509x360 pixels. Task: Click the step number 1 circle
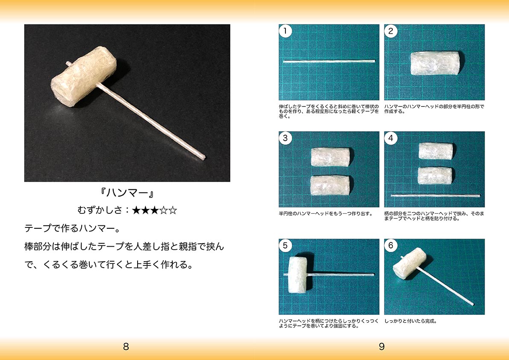point(285,31)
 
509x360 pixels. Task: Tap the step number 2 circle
point(391,31)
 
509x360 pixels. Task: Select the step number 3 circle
point(285,138)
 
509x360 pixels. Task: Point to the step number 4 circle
point(391,138)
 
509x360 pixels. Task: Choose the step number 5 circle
point(285,246)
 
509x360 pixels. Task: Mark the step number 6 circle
point(391,246)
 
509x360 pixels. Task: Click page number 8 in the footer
point(126,347)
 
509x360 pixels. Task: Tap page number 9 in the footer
point(382,347)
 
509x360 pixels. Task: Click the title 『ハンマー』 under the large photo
point(127,194)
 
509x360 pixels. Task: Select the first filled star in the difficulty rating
point(136,210)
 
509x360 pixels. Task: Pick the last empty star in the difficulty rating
point(173,210)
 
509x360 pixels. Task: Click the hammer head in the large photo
point(83,77)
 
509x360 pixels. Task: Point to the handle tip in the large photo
point(203,158)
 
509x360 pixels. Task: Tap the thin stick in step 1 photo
point(329,61)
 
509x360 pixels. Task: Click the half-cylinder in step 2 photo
point(435,63)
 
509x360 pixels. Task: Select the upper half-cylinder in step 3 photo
point(330,157)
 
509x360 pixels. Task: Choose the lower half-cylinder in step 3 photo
point(330,186)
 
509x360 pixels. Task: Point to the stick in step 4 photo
point(435,195)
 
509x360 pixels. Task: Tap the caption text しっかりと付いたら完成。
point(411,322)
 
